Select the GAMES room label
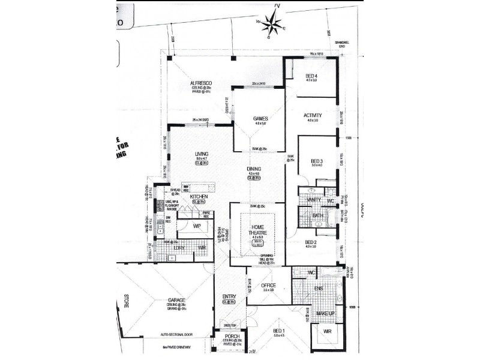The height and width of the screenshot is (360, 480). coord(260,119)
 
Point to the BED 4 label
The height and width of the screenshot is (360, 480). coord(311,76)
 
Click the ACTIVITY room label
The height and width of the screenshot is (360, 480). coord(313,115)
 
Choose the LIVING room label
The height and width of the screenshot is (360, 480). coord(201,154)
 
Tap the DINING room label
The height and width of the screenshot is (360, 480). coord(254,170)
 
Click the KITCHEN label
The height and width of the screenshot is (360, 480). coord(199,197)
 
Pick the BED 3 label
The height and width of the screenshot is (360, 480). coord(317,161)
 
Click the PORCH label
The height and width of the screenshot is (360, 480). coord(232,337)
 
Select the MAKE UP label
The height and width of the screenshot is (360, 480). coord(326,314)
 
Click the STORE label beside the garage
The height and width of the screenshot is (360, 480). coord(127,301)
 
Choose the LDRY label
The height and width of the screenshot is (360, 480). coord(179,247)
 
